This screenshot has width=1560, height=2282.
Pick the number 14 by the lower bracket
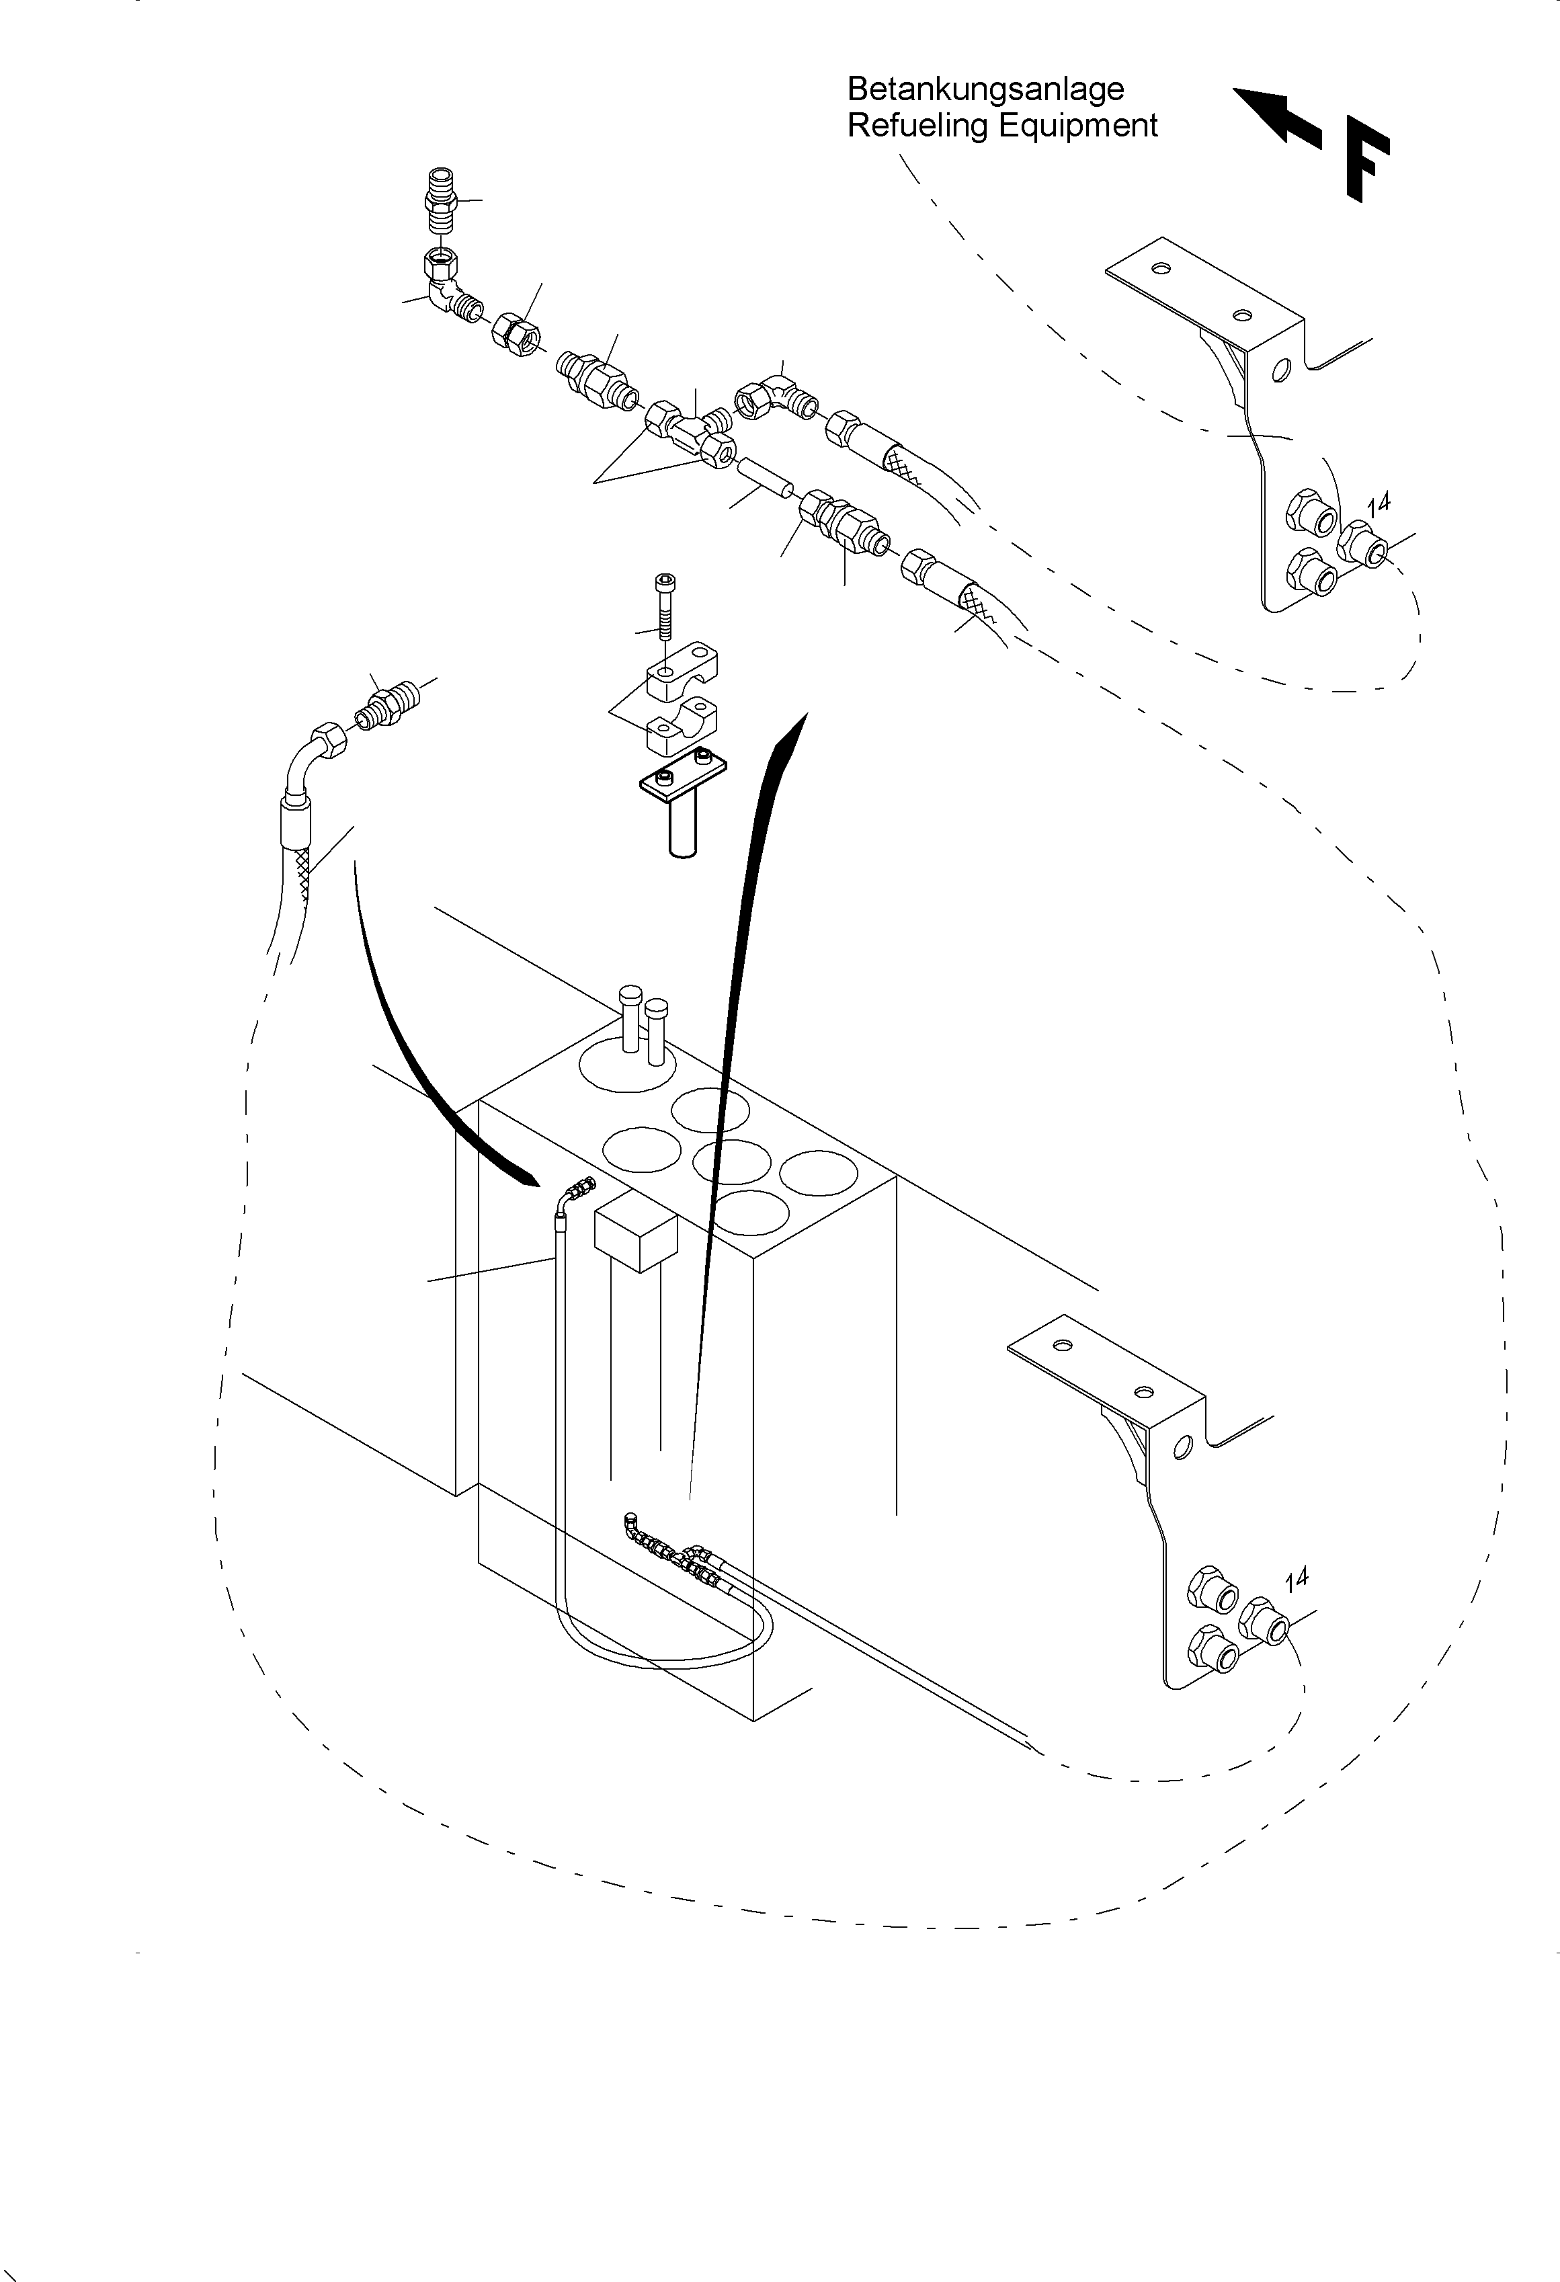point(1296,1579)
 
